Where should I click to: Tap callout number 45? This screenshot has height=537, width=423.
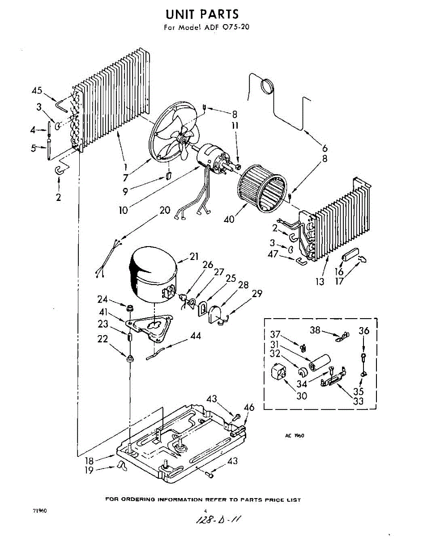click(37, 91)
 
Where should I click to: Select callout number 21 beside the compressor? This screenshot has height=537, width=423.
click(194, 256)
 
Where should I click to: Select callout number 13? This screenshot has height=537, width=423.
click(320, 283)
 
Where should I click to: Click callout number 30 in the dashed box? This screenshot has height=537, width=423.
click(302, 396)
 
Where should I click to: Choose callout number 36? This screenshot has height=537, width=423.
click(364, 331)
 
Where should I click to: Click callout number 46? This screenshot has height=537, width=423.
click(249, 407)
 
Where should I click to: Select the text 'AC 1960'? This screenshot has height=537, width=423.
click(295, 435)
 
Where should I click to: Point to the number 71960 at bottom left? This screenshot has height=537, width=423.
click(39, 511)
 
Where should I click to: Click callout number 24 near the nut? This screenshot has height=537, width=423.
click(103, 299)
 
